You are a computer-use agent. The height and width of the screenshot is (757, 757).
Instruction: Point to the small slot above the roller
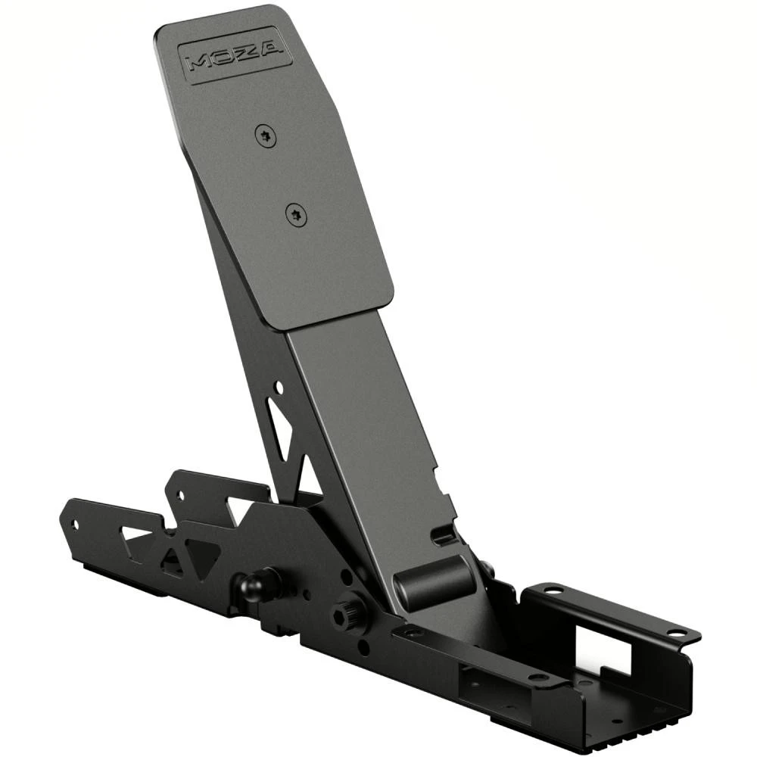pyautogui.click(x=446, y=535)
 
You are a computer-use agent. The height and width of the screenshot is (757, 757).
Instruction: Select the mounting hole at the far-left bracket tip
pyautogui.click(x=74, y=524)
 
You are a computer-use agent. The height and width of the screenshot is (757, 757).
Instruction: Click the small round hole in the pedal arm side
pyautogui.click(x=279, y=388)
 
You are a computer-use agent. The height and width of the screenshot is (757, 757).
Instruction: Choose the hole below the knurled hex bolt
pyautogui.click(x=364, y=648)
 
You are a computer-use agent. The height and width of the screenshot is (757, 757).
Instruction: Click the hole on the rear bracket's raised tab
pyautogui.click(x=180, y=496)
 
